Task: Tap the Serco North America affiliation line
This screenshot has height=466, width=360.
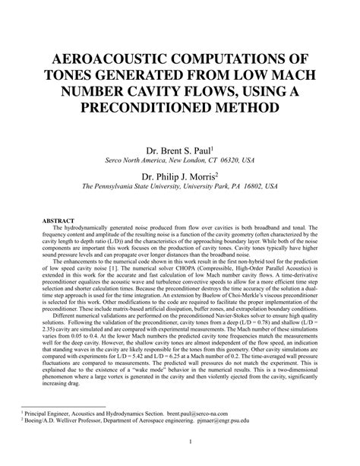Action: coord(179,161)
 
